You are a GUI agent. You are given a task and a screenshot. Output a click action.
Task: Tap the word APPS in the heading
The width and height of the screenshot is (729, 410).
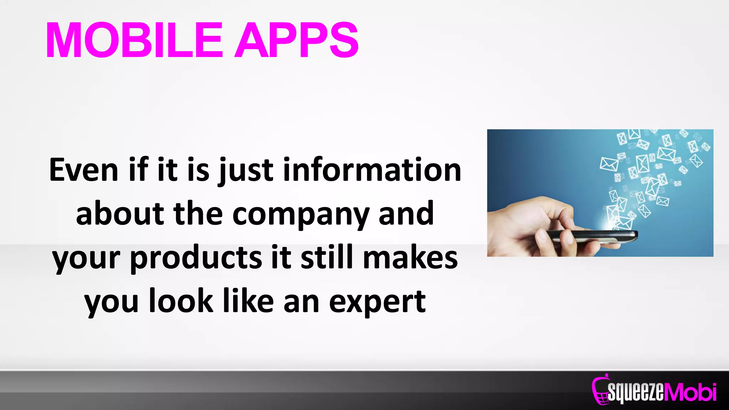coord(296,40)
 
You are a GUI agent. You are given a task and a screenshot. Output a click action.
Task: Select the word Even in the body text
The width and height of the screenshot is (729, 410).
coord(84,170)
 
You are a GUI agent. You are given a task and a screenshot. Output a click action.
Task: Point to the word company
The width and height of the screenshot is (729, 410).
coord(301,215)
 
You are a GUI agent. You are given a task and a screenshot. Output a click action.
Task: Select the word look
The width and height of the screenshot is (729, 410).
coord(181,301)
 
